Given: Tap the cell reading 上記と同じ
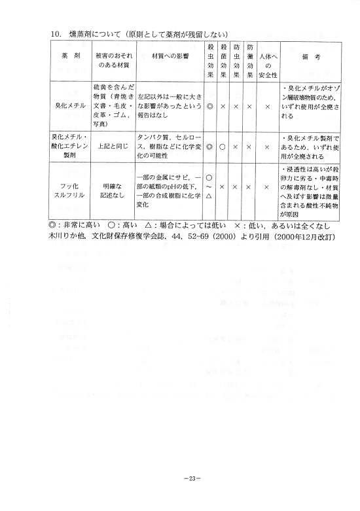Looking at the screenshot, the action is (112, 147).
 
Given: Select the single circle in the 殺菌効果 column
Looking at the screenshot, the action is (224, 147).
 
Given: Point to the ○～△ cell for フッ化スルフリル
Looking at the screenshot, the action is (210, 186).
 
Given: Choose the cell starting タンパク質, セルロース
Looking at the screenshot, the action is (170, 147).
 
